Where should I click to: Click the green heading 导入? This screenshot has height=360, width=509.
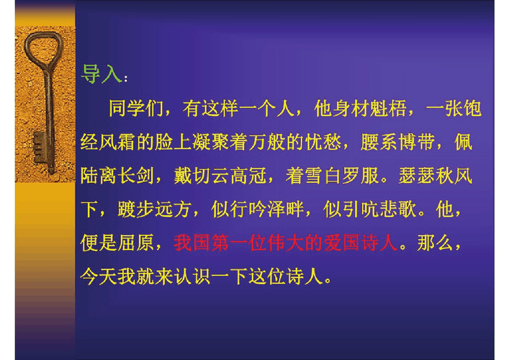tap(100, 73)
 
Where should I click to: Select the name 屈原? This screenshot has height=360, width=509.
tap(134, 243)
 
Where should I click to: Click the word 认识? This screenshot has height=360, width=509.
tap(194, 276)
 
